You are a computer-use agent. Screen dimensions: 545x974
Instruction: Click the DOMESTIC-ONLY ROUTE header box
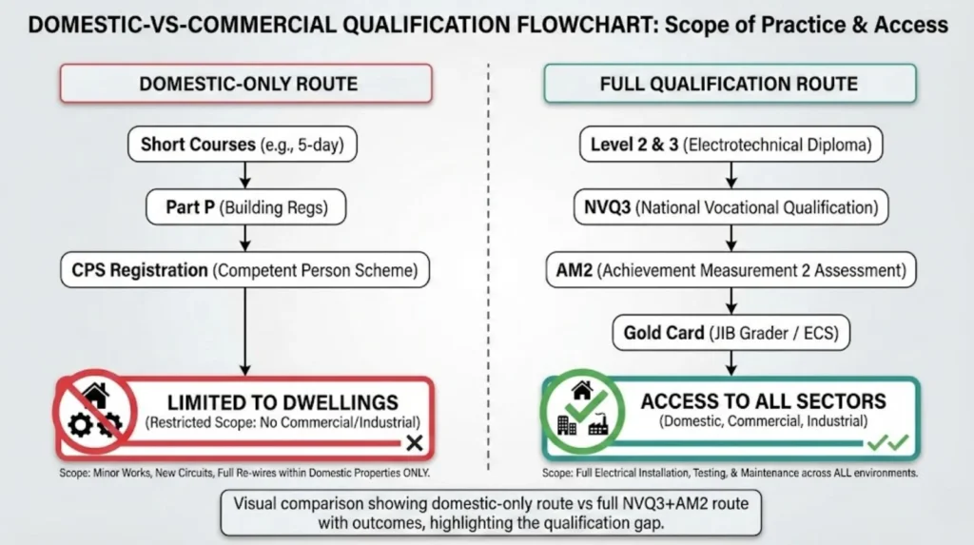point(248,84)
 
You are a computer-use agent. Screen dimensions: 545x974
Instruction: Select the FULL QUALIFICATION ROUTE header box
point(730,84)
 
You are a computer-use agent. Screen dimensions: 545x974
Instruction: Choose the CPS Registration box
point(245,270)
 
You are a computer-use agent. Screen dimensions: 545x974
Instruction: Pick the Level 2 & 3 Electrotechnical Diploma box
point(730,146)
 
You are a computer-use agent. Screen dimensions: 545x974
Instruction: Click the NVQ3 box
point(730,207)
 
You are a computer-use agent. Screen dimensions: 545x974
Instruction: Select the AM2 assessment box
point(730,270)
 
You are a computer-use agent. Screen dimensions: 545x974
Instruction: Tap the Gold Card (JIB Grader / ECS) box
point(730,333)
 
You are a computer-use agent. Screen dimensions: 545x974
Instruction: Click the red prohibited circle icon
point(96,412)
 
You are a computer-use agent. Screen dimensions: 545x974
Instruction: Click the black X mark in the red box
point(414,443)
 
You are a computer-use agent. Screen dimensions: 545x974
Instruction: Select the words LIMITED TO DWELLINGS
point(282,401)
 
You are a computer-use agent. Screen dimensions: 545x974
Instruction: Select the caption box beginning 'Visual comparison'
point(486,514)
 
